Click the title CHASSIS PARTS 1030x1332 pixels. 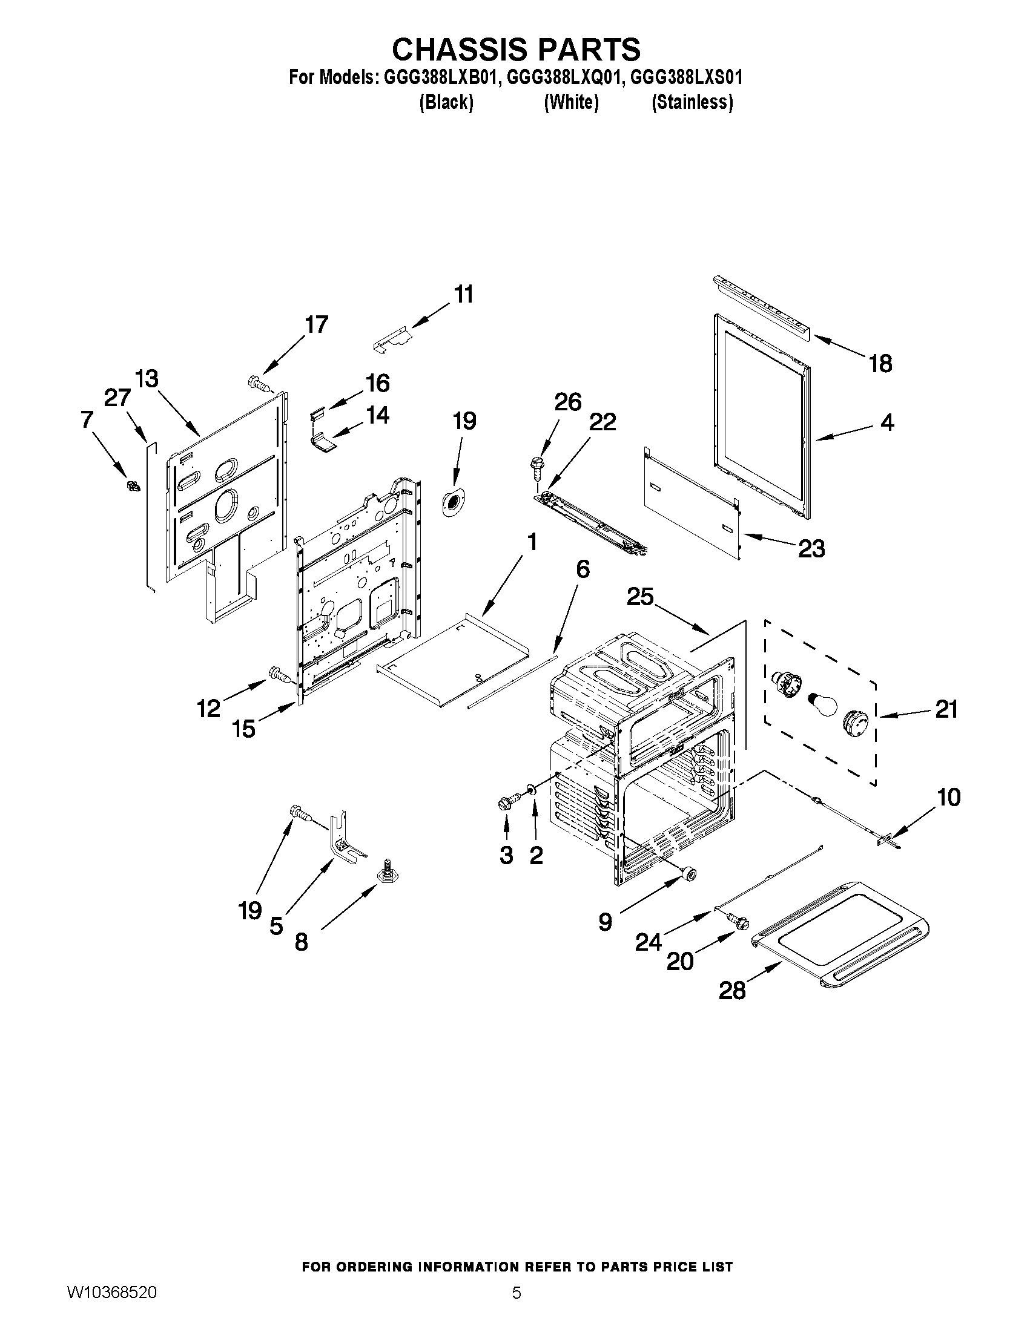(516, 49)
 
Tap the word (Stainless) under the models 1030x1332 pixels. (692, 102)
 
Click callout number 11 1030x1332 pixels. (464, 295)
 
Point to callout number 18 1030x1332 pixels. (880, 364)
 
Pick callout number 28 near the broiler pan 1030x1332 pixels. (731, 991)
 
